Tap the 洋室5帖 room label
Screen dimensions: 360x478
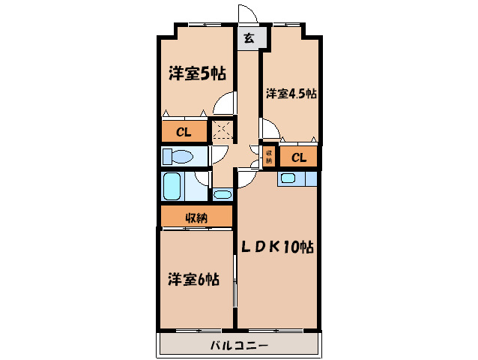pyautogui.click(x=196, y=73)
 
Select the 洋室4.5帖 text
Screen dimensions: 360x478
pyautogui.click(x=291, y=94)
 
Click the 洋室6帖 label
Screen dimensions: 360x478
pyautogui.click(x=193, y=279)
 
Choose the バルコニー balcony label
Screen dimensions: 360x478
pyautogui.click(x=238, y=346)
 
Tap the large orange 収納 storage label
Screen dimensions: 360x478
pyautogui.click(x=196, y=218)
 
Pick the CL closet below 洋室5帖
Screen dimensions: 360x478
pyautogui.click(x=184, y=133)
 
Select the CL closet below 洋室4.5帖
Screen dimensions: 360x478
pyautogui.click(x=298, y=157)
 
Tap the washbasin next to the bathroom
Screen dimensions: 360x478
pyautogui.click(x=223, y=194)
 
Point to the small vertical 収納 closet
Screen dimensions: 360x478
pyautogui.click(x=267, y=155)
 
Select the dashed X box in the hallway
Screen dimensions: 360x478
pyautogui.click(x=222, y=130)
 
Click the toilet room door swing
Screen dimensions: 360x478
pyautogui.click(x=220, y=155)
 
